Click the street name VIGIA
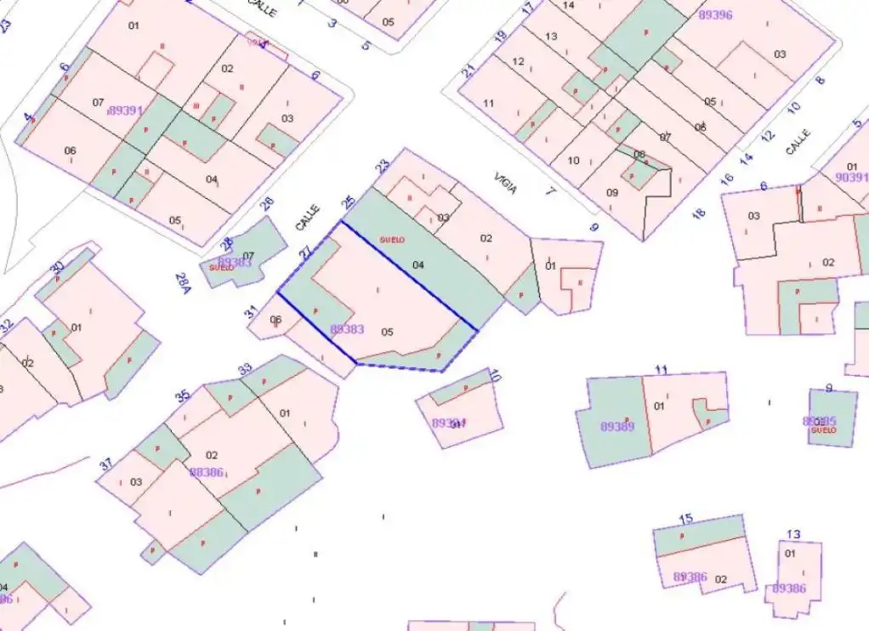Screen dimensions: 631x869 point(506,183)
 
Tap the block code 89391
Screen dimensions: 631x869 point(126,111)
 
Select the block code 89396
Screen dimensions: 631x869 point(715,14)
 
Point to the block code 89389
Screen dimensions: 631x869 point(617,426)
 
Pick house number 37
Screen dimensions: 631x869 point(106,464)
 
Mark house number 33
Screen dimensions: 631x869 point(246,369)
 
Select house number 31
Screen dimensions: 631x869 point(251,312)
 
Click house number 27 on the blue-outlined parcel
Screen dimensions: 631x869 point(305,253)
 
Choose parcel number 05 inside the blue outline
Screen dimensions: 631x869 point(387,331)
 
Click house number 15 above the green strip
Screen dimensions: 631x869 point(686,519)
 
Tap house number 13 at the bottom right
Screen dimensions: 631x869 point(792,534)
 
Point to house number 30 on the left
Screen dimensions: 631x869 point(57,267)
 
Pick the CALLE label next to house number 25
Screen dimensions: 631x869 point(307,217)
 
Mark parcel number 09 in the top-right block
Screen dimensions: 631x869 point(612,192)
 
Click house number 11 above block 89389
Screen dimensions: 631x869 point(662,369)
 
